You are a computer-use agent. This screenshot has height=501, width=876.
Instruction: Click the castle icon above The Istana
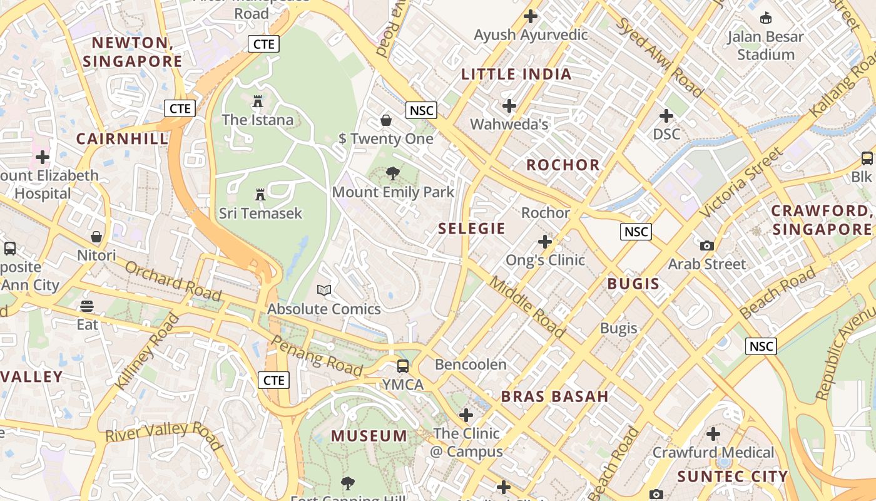(x=257, y=101)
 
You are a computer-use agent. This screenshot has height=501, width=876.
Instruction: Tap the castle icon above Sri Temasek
(x=260, y=195)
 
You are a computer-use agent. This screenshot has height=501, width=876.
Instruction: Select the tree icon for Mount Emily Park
(x=393, y=173)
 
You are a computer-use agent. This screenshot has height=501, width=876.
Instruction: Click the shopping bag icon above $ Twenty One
(x=386, y=120)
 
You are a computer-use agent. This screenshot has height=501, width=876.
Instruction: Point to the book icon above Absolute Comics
(x=323, y=290)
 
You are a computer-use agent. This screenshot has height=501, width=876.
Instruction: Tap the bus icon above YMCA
(x=403, y=366)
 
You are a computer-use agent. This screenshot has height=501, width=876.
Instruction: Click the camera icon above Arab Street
(x=707, y=245)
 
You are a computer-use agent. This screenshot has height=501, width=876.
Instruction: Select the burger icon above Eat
(x=87, y=306)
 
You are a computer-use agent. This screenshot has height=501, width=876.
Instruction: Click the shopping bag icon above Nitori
(x=96, y=237)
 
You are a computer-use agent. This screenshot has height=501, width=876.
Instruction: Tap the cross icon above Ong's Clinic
(x=545, y=241)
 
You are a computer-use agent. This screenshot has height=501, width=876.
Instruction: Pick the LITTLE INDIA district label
(x=516, y=75)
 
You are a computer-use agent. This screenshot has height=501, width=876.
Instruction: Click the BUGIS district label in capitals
(x=633, y=284)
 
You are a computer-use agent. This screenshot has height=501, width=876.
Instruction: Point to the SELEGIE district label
(x=472, y=229)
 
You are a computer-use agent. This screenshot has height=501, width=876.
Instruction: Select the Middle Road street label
(x=527, y=306)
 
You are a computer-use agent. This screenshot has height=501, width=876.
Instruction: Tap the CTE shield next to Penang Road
(x=274, y=380)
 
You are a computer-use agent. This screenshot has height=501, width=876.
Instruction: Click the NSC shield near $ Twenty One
(x=421, y=111)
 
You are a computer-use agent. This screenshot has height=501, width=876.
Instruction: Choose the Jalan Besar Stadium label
(x=765, y=46)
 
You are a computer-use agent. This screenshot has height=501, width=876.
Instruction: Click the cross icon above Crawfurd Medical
(x=713, y=433)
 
